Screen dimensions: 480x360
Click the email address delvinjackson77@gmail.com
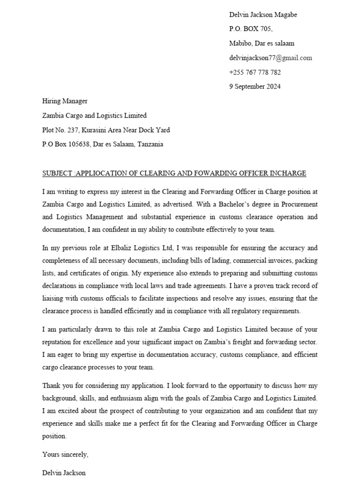click(x=270, y=58)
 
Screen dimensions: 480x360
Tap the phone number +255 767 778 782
click(x=255, y=73)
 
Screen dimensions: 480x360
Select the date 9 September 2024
click(x=255, y=87)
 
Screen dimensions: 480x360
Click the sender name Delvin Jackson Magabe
click(x=262, y=15)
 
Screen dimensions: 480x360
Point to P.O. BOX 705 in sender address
click(x=250, y=29)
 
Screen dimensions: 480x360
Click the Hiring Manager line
click(x=65, y=101)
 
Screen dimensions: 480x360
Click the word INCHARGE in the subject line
click(x=288, y=173)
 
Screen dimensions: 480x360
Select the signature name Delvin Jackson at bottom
click(x=64, y=473)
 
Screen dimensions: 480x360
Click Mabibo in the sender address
click(x=240, y=44)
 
